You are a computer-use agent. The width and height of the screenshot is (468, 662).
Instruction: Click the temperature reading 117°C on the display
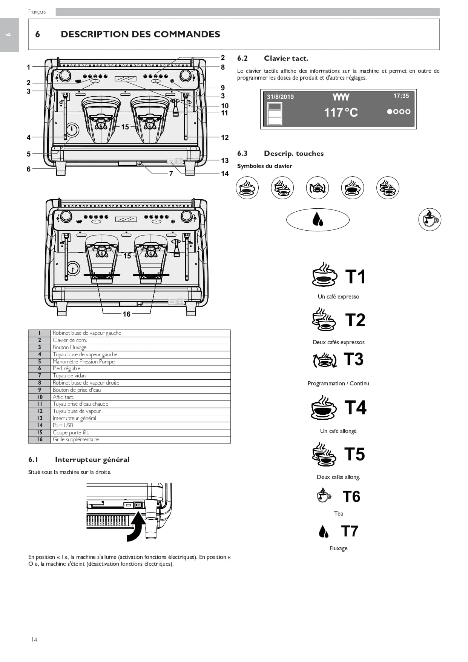[x=341, y=112]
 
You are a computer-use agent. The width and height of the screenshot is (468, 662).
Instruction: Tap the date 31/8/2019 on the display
[x=280, y=97]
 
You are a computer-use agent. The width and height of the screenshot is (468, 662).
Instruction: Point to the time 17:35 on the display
[x=401, y=96]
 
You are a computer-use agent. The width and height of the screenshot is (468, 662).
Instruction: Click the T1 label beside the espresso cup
[x=356, y=277]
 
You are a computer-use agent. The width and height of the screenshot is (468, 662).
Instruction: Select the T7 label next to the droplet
[x=350, y=531]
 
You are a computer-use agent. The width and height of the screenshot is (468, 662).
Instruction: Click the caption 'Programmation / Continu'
[x=338, y=383]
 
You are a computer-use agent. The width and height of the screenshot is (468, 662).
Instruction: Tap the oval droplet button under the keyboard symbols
[x=318, y=220]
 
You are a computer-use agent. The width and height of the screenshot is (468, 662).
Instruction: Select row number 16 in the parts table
[x=40, y=440]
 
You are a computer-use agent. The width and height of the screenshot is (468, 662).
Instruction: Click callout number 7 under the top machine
[x=171, y=174]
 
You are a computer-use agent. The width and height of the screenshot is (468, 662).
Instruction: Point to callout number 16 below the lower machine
[x=127, y=314]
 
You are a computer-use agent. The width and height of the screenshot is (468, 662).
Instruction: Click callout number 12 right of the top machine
[x=225, y=137]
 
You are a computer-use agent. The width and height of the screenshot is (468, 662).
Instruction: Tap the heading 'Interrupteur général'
[x=92, y=460]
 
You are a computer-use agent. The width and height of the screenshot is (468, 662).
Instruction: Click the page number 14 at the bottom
[x=34, y=639]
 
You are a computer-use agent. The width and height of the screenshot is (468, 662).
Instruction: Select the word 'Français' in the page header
[x=37, y=12]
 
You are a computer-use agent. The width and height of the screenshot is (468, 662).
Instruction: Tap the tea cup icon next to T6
[x=324, y=496]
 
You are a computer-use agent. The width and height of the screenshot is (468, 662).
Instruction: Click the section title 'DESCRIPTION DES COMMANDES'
[x=140, y=34]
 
